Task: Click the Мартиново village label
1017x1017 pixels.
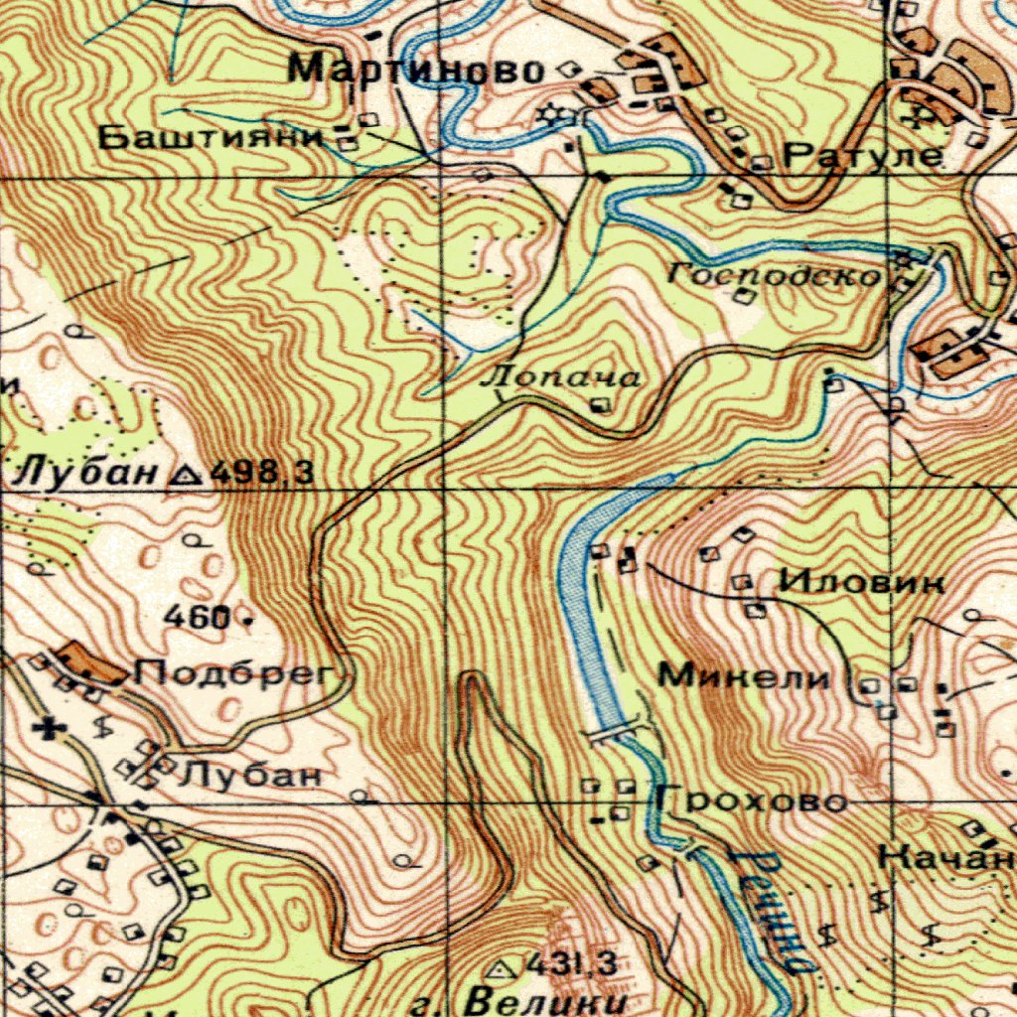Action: pyautogui.click(x=416, y=70)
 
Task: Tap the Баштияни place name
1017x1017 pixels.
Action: pyautogui.click(x=213, y=138)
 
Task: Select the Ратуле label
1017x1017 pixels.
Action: pyautogui.click(x=862, y=156)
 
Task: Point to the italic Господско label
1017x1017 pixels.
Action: pyautogui.click(x=775, y=274)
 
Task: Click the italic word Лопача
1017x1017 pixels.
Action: pyautogui.click(x=559, y=378)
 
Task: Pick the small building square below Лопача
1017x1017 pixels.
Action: pyautogui.click(x=600, y=404)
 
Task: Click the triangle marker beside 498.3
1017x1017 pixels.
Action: pyautogui.click(x=186, y=475)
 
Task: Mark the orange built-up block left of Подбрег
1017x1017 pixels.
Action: pyautogui.click(x=91, y=663)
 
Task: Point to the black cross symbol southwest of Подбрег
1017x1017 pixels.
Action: pyautogui.click(x=46, y=730)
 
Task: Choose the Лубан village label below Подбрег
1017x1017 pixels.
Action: pyautogui.click(x=250, y=776)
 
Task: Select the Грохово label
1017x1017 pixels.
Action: pyautogui.click(x=751, y=800)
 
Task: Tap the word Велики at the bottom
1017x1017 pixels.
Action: pyautogui.click(x=548, y=1001)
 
